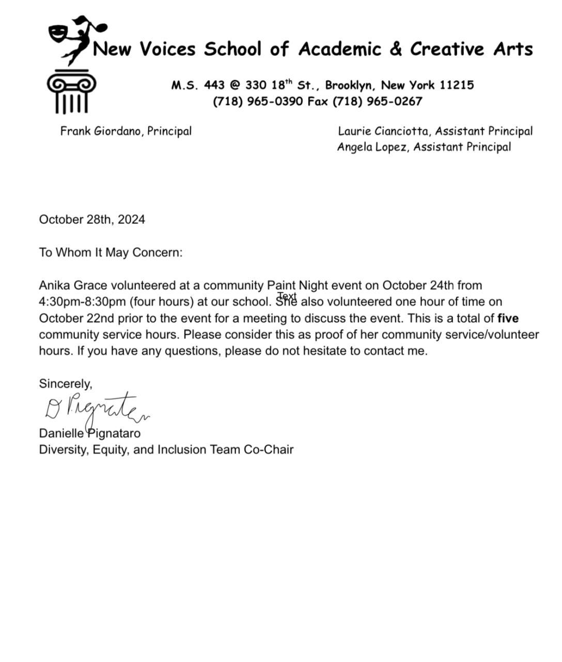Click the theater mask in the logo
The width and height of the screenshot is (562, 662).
(x=59, y=34)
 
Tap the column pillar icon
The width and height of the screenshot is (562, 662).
(x=71, y=93)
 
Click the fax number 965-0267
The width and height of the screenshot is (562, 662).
(x=394, y=101)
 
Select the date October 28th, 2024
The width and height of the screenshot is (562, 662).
(x=92, y=220)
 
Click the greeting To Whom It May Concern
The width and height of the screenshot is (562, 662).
(x=111, y=252)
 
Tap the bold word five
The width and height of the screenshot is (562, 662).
(x=508, y=318)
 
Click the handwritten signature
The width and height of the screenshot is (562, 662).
(x=96, y=408)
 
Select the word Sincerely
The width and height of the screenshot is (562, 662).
(x=65, y=384)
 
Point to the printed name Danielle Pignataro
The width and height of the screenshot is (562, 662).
(x=89, y=433)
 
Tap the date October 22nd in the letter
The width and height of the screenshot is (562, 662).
(x=77, y=318)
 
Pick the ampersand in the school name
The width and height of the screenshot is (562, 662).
(x=396, y=49)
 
